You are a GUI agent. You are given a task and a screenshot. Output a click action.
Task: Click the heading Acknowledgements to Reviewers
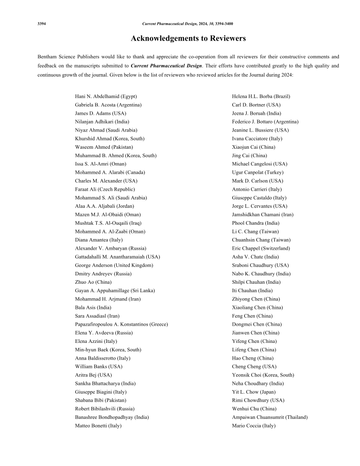click(x=188, y=38)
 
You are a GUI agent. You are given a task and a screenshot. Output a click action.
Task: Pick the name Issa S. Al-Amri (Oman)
click(x=100, y=164)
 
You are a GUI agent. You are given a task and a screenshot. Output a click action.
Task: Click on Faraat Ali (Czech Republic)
click(x=105, y=189)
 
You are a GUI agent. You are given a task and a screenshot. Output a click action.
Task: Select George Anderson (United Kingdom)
click(x=114, y=265)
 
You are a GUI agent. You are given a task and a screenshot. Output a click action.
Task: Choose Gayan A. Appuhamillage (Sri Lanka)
click(x=115, y=290)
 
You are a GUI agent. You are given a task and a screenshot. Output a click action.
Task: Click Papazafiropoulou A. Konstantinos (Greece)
click(x=121, y=324)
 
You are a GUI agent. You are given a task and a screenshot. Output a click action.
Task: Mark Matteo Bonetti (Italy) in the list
click(x=98, y=425)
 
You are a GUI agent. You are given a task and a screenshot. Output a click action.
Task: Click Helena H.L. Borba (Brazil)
click(x=261, y=96)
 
